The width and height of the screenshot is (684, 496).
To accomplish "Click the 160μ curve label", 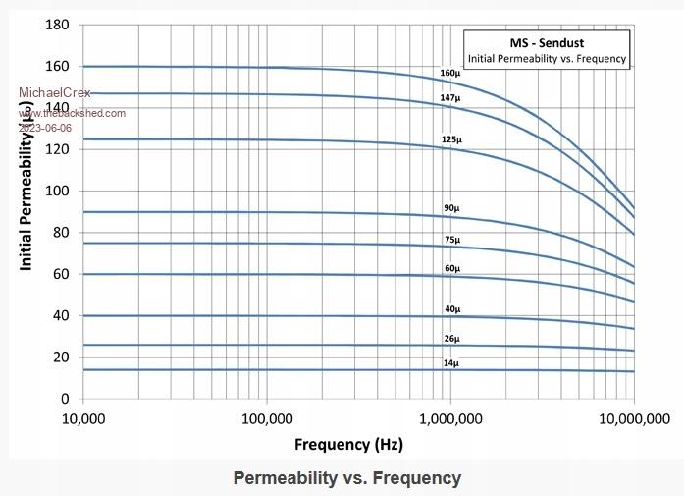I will (450, 74).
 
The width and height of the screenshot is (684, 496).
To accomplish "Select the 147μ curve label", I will (450, 99).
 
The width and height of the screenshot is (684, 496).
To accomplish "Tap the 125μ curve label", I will (450, 139).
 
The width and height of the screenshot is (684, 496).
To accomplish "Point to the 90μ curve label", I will (451, 208).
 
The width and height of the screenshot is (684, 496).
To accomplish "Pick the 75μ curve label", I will (451, 240).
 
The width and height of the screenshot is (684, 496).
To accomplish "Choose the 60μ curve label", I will (451, 268).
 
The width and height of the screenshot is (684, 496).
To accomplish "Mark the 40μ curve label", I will (451, 309).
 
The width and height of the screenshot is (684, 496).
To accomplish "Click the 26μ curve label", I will (451, 340).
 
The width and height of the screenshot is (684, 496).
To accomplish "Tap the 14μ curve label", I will (451, 363).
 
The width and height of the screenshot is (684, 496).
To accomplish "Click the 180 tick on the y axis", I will (57, 25).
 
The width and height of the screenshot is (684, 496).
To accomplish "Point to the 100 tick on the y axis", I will (57, 191).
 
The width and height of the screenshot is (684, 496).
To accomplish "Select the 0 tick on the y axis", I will (66, 399).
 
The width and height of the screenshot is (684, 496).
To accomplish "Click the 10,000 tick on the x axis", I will (83, 419).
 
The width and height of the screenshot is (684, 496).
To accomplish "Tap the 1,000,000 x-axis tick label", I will (450, 419).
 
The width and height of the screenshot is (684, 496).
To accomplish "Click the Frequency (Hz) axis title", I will (347, 444).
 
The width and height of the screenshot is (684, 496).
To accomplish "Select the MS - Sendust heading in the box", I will (546, 44).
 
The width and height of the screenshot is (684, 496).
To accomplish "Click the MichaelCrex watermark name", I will (55, 93).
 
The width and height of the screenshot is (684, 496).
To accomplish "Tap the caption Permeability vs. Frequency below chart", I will (346, 478).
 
